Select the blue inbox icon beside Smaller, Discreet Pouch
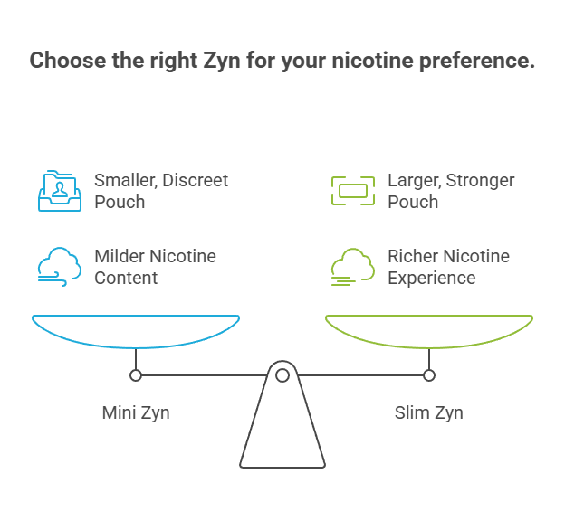click(x=59, y=190)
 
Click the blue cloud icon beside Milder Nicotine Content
click(x=59, y=266)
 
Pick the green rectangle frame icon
click(x=352, y=190)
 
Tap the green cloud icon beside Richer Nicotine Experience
click(x=352, y=266)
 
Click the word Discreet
click(x=196, y=180)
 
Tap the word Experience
click(x=432, y=278)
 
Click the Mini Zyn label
click(x=136, y=413)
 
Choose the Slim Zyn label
click(x=428, y=413)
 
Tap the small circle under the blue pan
click(x=136, y=374)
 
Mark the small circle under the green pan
click(x=429, y=374)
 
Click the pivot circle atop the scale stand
click(x=282, y=374)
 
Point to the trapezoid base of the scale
click(x=282, y=430)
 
